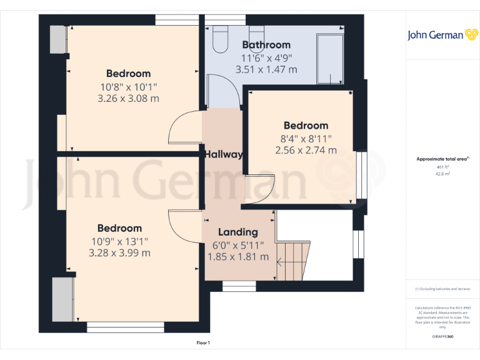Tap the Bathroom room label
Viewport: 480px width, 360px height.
(x=266, y=45)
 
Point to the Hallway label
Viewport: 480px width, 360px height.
(x=224, y=154)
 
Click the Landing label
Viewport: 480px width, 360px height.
(x=237, y=232)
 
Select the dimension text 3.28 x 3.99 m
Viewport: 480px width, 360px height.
(x=119, y=253)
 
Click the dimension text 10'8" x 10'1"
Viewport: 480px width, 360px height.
(x=128, y=86)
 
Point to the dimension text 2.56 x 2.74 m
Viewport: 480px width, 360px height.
(x=306, y=150)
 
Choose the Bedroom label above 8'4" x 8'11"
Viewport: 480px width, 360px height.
(x=306, y=126)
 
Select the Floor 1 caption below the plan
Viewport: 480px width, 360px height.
(x=203, y=343)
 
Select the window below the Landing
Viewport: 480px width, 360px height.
(x=239, y=286)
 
